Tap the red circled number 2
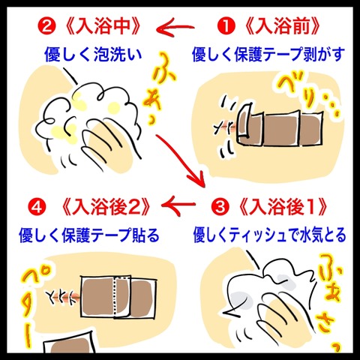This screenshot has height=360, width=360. (46, 26)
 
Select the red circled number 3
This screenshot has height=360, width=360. (220, 207)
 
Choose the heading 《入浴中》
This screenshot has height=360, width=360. (102, 26)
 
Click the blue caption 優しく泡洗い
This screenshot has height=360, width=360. (93, 54)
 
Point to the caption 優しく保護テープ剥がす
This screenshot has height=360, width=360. (268, 54)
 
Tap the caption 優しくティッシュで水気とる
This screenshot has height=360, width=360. (269, 235)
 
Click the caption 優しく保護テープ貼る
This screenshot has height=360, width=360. (89, 235)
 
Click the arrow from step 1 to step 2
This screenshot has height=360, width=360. (175, 28)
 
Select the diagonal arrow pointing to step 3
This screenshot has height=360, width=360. (181, 160)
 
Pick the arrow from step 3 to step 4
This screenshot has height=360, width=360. (178, 205)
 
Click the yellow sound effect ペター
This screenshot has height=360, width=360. (30, 307)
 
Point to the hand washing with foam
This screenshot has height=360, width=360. (110, 141)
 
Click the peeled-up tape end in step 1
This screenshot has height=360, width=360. (244, 121)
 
